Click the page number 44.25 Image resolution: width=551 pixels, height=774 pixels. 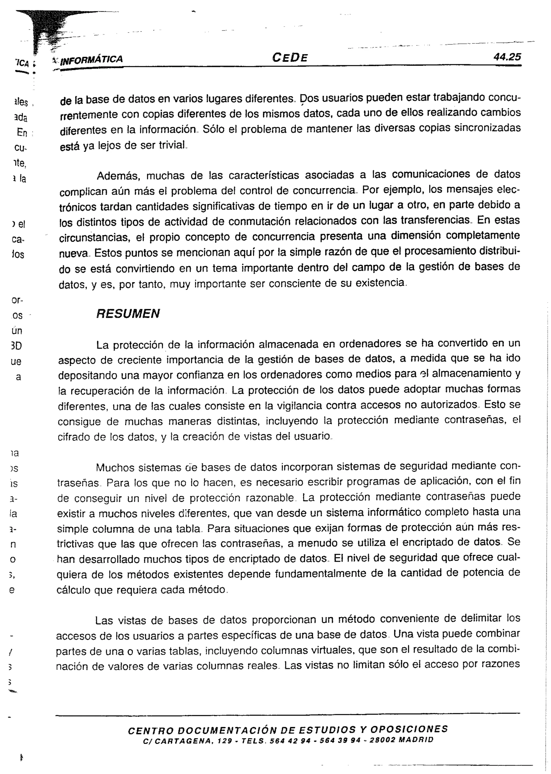tap(507, 57)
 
